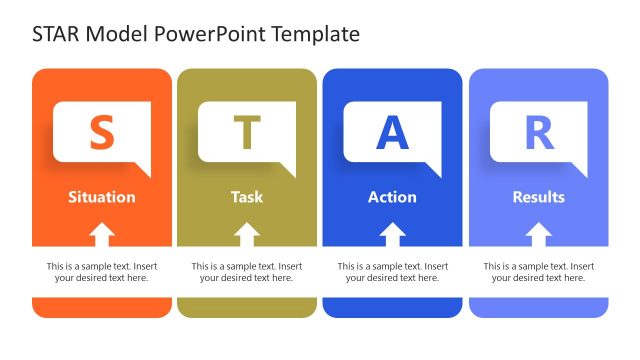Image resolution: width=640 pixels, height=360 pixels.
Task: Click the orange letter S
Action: click(101, 133)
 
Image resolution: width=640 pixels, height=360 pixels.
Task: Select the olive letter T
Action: click(247, 133)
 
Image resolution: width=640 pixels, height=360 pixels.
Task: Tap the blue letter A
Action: click(392, 133)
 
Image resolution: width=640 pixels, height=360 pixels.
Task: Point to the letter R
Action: click(538, 133)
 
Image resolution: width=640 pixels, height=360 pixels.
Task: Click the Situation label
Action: click(101, 197)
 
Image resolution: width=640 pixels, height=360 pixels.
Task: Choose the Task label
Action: click(247, 197)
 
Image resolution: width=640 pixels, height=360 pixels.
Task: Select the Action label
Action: click(392, 197)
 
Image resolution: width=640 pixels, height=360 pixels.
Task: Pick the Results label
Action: click(538, 197)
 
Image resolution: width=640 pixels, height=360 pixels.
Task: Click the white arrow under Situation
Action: click(102, 235)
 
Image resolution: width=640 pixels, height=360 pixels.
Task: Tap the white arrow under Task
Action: click(248, 235)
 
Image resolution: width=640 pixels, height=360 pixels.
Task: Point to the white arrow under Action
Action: click(393, 235)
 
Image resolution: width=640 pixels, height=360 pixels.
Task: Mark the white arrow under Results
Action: click(539, 235)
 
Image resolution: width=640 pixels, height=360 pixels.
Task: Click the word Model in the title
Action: click(119, 34)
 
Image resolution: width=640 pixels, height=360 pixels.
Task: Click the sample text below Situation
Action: click(101, 272)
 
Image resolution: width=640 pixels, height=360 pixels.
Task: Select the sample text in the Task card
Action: click(247, 272)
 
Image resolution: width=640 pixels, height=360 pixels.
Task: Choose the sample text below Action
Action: click(392, 272)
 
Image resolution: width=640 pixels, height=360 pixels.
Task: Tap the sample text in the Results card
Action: click(538, 272)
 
